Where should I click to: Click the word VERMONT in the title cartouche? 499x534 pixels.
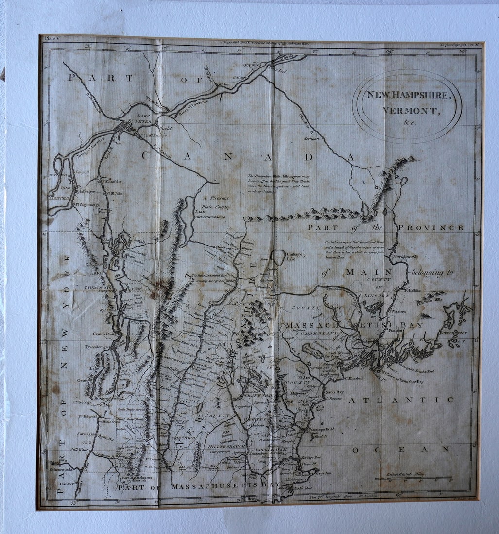coord(411,110)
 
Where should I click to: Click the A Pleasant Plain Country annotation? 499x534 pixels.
coord(216,202)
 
